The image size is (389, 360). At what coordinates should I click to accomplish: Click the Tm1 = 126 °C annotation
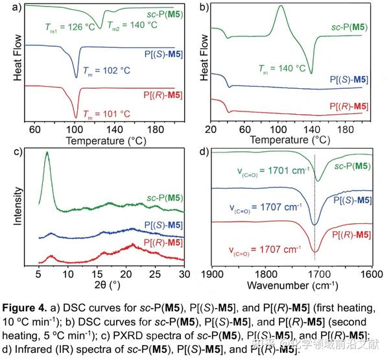(61, 27)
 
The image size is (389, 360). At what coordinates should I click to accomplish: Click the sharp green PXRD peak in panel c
(46, 154)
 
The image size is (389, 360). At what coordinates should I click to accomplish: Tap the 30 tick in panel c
(183, 273)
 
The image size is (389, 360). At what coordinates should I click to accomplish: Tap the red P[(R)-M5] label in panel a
(163, 96)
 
